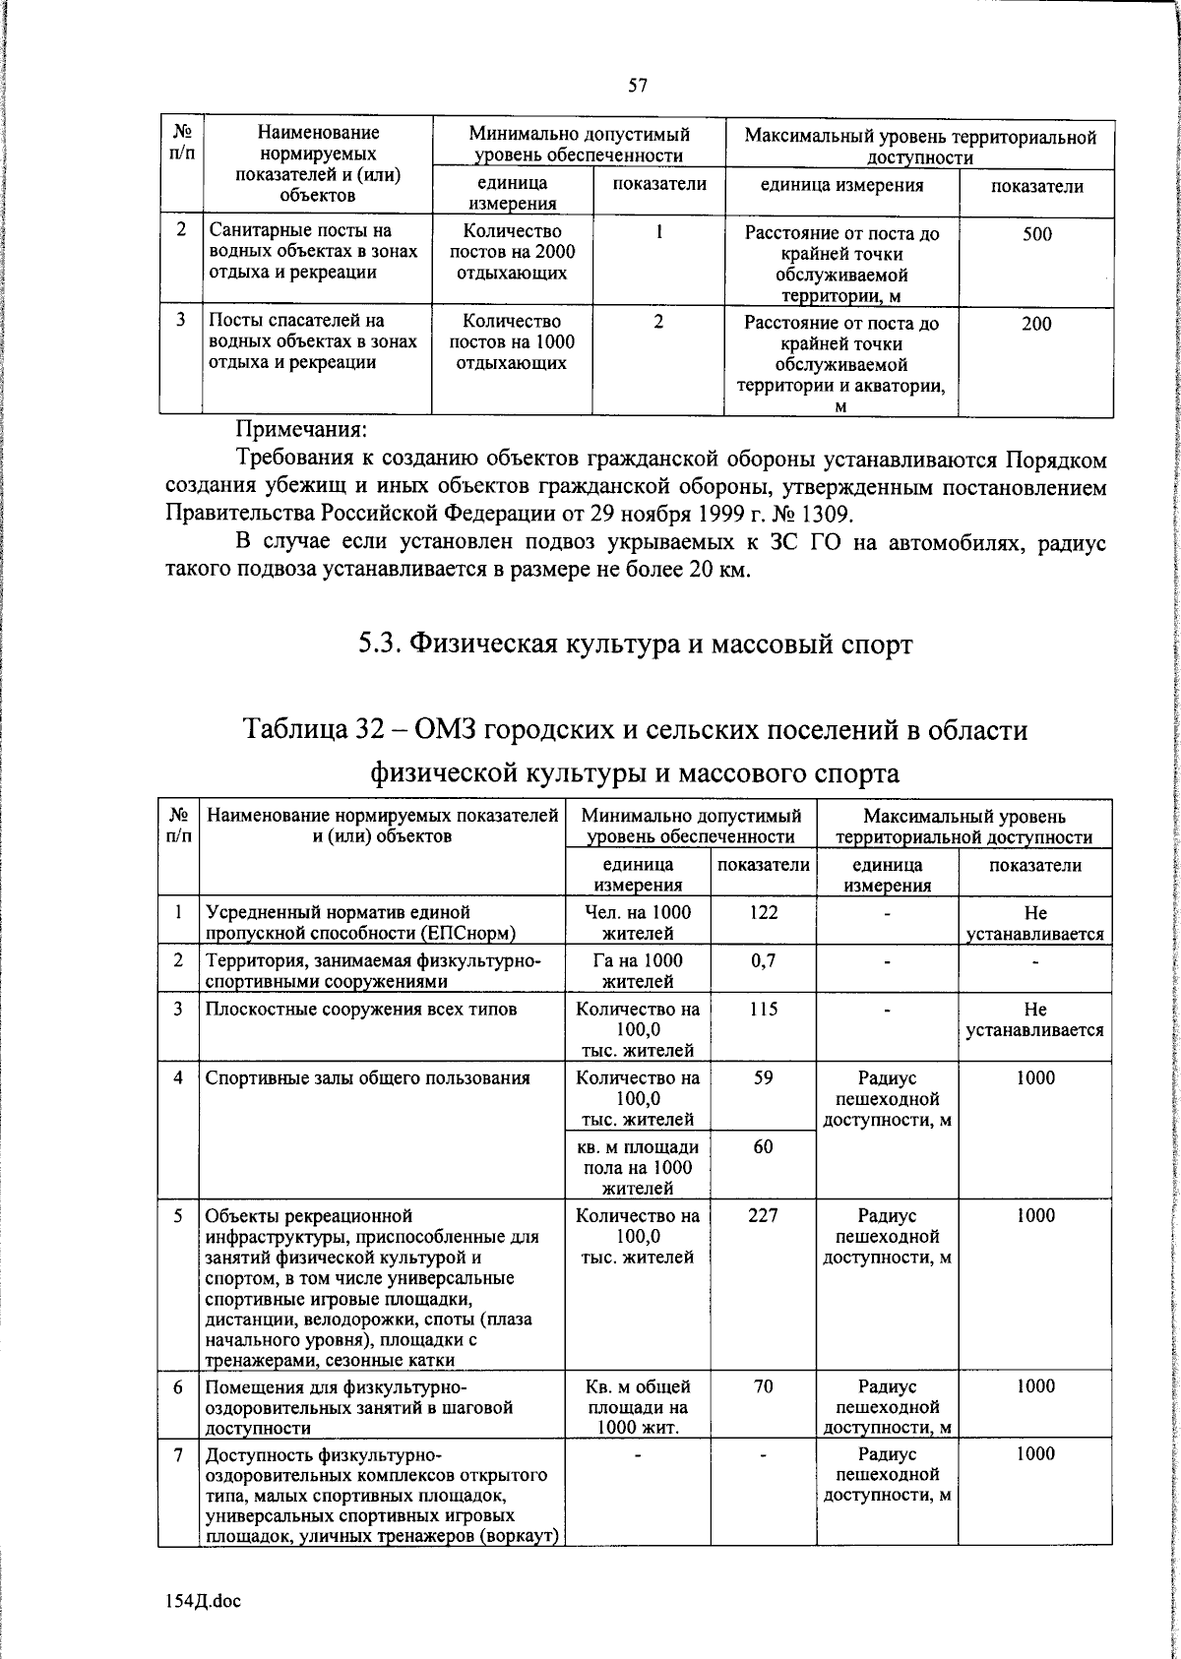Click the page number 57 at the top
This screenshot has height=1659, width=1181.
coord(637,86)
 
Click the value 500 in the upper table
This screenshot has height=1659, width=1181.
coord(1035,234)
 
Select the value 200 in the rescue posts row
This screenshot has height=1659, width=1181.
coord(1035,324)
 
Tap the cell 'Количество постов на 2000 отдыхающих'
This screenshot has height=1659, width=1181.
coord(512,253)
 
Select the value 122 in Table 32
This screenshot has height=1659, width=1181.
coord(763,912)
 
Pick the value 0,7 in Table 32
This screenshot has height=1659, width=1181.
coord(763,960)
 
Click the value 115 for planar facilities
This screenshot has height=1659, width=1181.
coord(763,1010)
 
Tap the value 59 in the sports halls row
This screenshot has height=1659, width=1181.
coord(763,1077)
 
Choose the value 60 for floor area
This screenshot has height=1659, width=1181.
coord(763,1146)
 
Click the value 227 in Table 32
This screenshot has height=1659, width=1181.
coord(763,1215)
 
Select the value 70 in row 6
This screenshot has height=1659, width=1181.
coord(763,1386)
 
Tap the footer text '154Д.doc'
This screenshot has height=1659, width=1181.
coord(203,1601)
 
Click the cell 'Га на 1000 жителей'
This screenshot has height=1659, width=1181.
coord(637,970)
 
